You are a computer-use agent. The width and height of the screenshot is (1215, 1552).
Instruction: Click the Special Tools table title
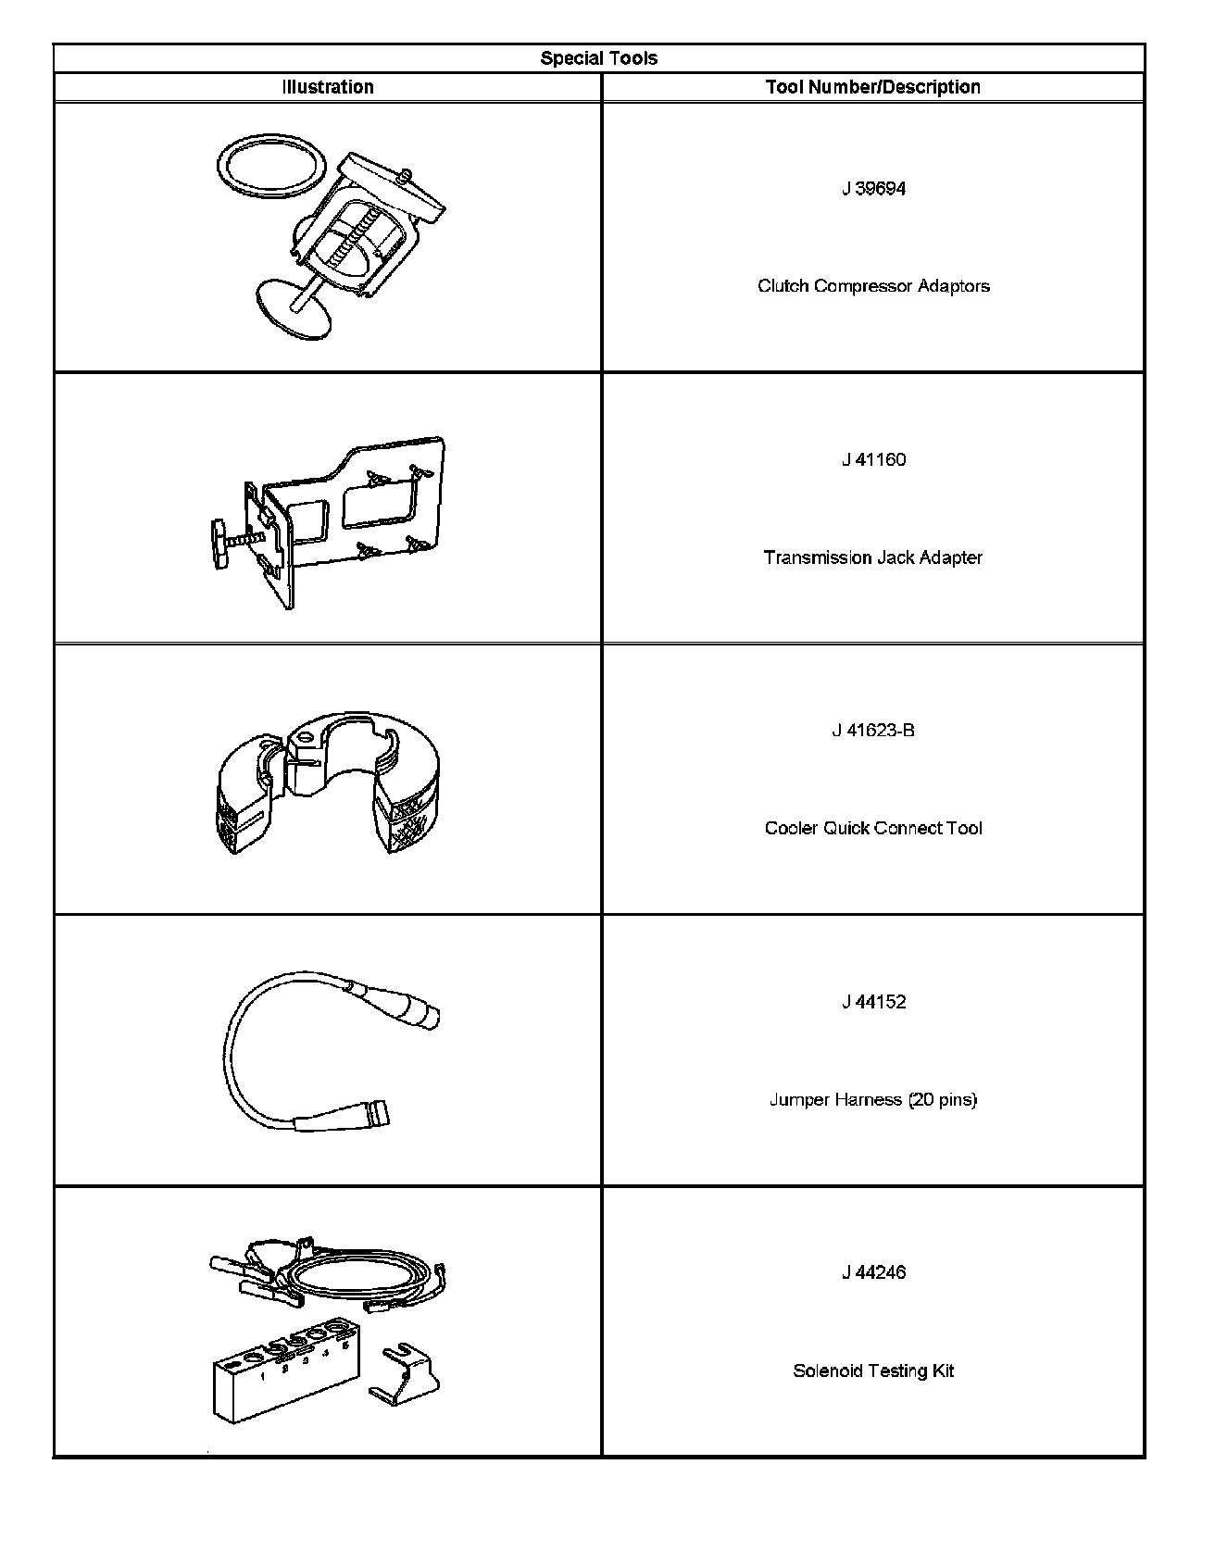point(598,58)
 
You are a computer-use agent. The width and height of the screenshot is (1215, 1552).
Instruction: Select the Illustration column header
point(328,87)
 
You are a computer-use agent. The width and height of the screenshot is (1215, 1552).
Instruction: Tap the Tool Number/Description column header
point(872,87)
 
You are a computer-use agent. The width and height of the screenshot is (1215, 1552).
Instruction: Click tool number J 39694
point(873,189)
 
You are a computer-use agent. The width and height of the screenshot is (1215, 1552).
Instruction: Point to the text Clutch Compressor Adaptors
point(873,286)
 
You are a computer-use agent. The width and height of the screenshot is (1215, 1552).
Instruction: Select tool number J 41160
point(873,460)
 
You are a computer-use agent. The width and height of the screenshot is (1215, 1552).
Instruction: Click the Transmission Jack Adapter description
point(872,557)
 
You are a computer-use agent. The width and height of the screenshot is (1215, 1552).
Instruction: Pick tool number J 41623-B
point(872,731)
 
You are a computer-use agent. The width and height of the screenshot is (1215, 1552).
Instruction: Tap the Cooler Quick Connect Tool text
point(873,828)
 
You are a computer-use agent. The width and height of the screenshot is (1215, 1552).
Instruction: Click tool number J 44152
point(873,1002)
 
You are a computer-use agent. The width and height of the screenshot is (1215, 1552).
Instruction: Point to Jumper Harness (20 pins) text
point(873,1100)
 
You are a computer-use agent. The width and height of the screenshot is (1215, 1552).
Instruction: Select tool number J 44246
point(873,1272)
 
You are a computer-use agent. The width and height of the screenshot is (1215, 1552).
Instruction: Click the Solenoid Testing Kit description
point(873,1371)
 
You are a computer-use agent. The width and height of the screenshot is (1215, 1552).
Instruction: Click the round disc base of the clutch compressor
point(291,308)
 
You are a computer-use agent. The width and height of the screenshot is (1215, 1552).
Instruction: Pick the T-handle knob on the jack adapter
point(219,544)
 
